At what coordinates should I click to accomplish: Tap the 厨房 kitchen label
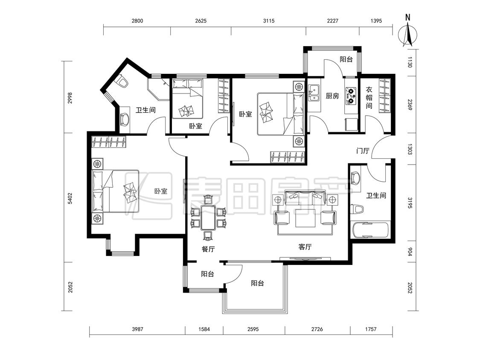point(332,96)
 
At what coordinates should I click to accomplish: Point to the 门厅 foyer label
point(363,151)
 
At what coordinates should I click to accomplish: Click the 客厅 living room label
point(305,247)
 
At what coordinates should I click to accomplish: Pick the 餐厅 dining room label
point(208,249)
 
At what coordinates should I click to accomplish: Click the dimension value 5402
point(70,198)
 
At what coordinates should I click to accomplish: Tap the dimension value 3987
point(137,329)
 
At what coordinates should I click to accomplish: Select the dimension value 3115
point(268,21)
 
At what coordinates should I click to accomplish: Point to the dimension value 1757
point(371,329)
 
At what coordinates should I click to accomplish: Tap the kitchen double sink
point(313,93)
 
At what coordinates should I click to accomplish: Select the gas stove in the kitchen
point(351,95)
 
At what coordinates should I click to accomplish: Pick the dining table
point(209,218)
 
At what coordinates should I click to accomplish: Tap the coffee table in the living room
point(305,218)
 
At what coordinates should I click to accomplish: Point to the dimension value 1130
point(410,62)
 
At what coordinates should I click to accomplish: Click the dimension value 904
point(410,252)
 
